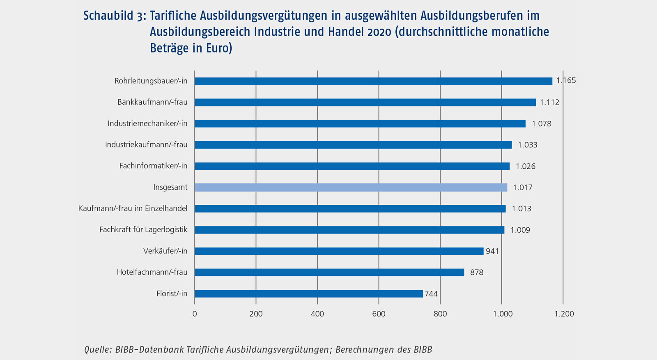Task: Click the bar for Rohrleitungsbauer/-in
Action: [373, 81]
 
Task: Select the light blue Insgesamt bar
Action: [351, 187]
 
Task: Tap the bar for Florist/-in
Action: [308, 294]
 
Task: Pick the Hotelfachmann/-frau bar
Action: [329, 272]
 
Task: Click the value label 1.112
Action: [549, 102]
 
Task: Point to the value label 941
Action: [492, 251]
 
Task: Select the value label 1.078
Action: [542, 124]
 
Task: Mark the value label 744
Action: [431, 294]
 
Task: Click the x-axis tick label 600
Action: [379, 314]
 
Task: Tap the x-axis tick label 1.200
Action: [564, 314]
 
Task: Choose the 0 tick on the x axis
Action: [195, 314]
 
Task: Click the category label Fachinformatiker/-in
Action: [153, 166]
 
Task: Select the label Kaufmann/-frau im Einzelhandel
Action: [133, 209]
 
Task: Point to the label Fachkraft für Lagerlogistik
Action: [143, 230]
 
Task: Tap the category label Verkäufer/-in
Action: [165, 251]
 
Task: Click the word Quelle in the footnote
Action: [97, 349]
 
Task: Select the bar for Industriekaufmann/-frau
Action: [353, 145]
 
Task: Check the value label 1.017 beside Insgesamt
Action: [523, 188]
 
